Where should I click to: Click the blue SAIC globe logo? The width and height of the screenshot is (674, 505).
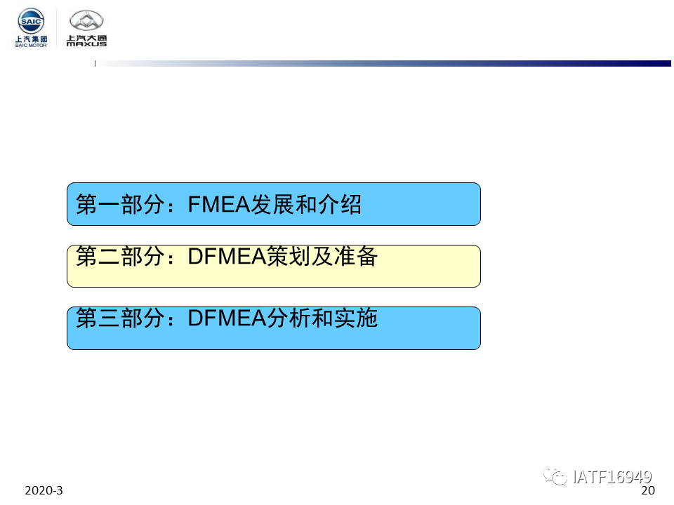[x=30, y=20]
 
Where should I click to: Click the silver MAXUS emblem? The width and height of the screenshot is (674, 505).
[x=86, y=20]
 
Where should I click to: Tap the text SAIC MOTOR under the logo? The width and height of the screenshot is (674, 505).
[x=31, y=45]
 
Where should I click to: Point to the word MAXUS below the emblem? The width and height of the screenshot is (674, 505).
[x=86, y=43]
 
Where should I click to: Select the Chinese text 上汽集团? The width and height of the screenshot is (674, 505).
[x=31, y=39]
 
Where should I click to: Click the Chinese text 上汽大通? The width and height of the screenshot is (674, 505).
[x=86, y=38]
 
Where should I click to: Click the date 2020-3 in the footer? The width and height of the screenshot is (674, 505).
[x=44, y=490]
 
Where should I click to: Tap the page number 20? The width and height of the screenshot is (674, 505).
[x=648, y=490]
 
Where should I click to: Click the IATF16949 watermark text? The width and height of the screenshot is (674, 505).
[x=612, y=477]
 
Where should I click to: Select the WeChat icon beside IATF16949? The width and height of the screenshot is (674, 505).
[x=555, y=476]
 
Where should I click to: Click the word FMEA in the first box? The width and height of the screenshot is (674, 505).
[x=219, y=204]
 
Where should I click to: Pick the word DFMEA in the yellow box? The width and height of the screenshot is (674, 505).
[x=227, y=257]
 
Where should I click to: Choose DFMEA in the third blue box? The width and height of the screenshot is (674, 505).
[x=227, y=318]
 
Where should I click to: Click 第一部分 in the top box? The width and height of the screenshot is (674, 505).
[x=120, y=204]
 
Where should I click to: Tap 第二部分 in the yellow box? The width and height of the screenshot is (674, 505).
[x=120, y=257]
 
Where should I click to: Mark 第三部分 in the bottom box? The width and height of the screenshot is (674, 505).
[x=120, y=318]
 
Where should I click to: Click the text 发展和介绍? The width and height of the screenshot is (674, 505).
[x=306, y=204]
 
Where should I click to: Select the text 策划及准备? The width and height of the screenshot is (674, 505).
[x=322, y=257]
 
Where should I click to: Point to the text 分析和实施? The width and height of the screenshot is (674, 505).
[x=322, y=318]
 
